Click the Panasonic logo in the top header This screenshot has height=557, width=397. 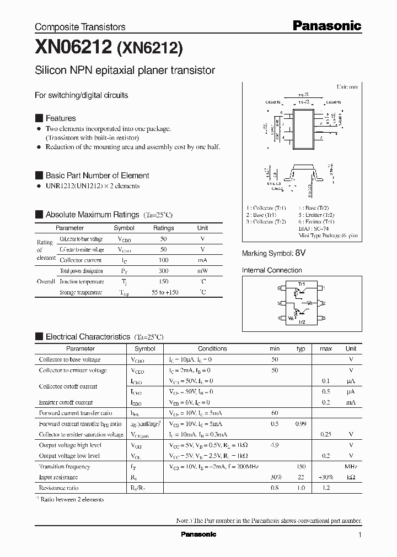[x=326, y=25]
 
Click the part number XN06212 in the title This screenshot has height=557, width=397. [x=73, y=48]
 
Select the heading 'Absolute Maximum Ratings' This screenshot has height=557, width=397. [x=92, y=215]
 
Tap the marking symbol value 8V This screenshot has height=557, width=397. [x=300, y=253]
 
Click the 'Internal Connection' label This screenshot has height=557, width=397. [x=272, y=270]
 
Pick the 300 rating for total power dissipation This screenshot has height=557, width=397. [x=163, y=271]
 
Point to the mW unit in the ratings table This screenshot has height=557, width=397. [x=203, y=271]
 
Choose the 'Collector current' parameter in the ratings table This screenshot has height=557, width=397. [x=81, y=260]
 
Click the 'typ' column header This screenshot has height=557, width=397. [x=301, y=348]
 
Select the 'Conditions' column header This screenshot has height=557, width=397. [x=212, y=348]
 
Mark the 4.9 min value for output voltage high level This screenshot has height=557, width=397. [x=274, y=445]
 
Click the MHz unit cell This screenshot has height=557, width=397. [x=351, y=466]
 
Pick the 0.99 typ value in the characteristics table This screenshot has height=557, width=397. [x=301, y=424]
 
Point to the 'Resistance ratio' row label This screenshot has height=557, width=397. [x=58, y=488]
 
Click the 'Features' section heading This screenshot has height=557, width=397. [x=61, y=118]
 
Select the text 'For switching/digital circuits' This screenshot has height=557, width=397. [x=81, y=95]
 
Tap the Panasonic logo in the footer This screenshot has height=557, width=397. [x=198, y=534]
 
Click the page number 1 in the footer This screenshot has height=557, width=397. [x=360, y=535]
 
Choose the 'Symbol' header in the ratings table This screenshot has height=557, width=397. [x=124, y=228]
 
